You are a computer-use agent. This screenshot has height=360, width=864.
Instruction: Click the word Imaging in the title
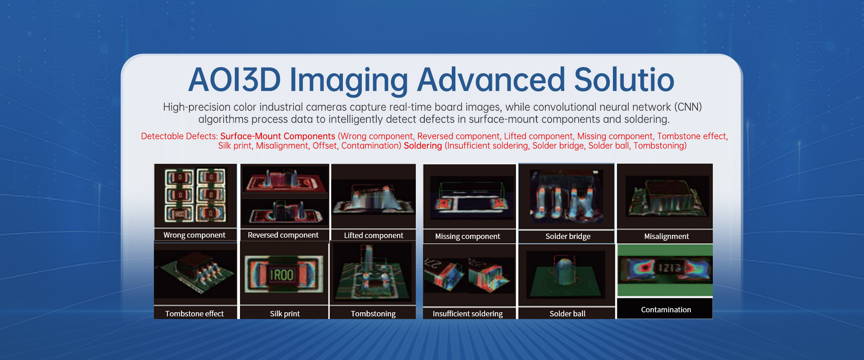click(349, 81)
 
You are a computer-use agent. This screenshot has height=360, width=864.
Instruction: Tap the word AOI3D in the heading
click(234, 80)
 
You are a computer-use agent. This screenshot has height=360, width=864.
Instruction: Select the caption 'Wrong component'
click(194, 235)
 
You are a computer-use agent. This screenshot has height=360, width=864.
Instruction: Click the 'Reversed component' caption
click(283, 235)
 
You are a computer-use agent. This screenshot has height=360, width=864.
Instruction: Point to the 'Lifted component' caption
click(373, 235)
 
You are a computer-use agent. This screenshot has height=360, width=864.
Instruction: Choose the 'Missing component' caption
click(468, 236)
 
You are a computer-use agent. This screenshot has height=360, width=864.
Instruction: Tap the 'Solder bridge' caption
click(568, 236)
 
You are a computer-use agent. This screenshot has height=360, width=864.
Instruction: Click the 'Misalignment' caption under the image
click(666, 236)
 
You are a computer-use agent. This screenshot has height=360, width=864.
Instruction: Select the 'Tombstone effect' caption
click(194, 314)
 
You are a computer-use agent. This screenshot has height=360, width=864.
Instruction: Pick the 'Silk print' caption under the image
click(285, 314)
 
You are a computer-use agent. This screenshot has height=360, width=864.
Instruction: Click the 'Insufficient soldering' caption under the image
click(468, 314)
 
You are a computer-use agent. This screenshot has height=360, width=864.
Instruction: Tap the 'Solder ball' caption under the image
click(567, 314)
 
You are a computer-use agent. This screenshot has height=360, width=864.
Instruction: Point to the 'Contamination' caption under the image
click(666, 310)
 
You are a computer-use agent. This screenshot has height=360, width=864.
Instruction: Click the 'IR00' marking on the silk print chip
click(282, 275)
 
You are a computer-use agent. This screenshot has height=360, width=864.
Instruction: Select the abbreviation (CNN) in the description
click(688, 107)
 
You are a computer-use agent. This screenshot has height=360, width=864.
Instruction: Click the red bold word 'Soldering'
click(423, 146)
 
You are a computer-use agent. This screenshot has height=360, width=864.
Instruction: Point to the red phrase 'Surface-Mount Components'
click(278, 136)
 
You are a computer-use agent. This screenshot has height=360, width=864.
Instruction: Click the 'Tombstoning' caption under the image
click(373, 314)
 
